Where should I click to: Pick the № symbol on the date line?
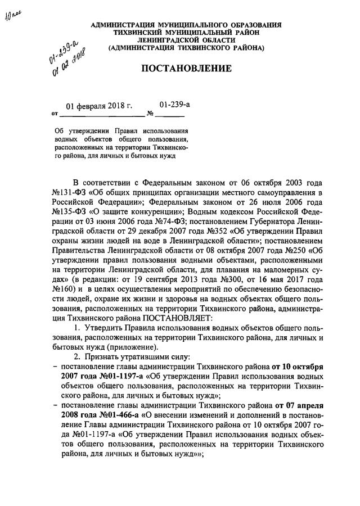(150, 114)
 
